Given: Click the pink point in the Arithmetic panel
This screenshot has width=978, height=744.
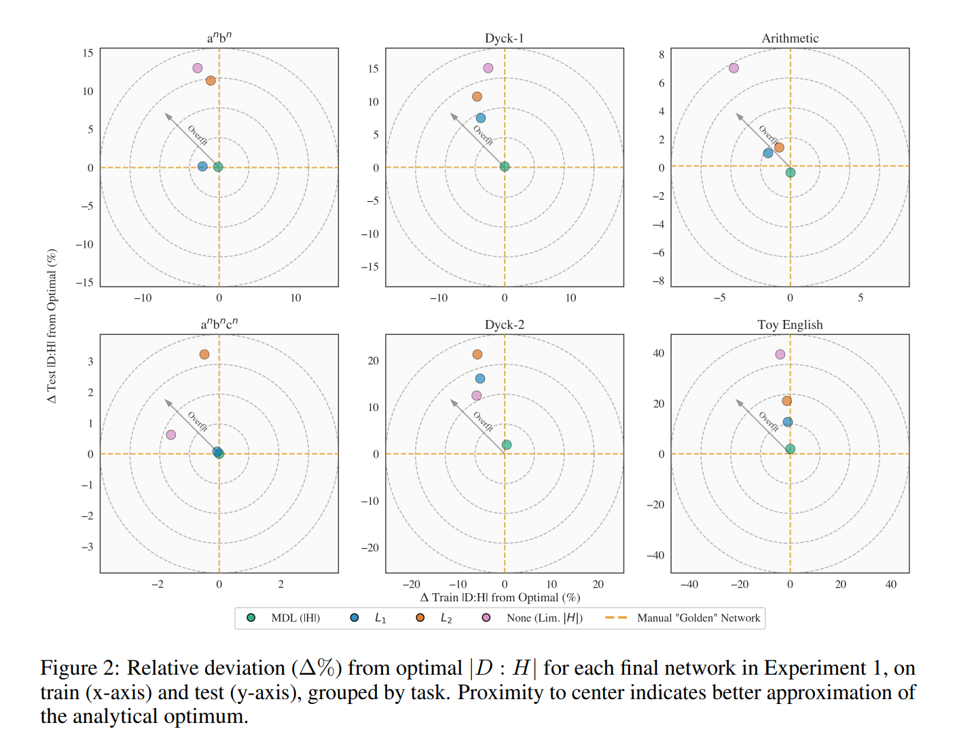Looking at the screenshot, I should (733, 68).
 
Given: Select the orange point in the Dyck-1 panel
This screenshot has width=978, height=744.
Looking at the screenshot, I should (477, 96).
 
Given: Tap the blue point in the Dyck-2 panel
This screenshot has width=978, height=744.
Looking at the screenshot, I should (480, 378).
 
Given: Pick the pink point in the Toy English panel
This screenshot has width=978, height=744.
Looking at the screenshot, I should (780, 354).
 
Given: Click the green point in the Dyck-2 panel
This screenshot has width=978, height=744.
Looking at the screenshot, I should (507, 445).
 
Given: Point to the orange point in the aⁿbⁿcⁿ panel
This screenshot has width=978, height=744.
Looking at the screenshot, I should (204, 354).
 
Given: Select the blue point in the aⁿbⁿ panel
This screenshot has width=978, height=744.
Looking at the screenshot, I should (202, 166).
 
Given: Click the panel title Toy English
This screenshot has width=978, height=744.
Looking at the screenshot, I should (790, 325).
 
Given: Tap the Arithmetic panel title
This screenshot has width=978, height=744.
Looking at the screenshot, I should (790, 38).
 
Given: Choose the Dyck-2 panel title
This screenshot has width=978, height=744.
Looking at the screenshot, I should (505, 325).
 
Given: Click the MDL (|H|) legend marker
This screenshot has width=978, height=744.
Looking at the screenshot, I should (251, 618).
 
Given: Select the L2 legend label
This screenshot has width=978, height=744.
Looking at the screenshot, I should (446, 618).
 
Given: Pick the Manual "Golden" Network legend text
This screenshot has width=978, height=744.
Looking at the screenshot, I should (698, 618).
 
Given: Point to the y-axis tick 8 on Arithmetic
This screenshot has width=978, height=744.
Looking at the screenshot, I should (662, 54).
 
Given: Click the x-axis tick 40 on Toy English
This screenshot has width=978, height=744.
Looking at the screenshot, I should (890, 584).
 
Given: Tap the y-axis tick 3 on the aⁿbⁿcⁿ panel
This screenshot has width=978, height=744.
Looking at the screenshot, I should (90, 361).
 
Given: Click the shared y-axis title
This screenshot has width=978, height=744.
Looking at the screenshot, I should (52, 326).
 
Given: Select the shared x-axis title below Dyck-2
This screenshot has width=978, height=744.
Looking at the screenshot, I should (500, 597).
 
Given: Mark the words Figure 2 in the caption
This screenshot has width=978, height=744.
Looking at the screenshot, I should (79, 668).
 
